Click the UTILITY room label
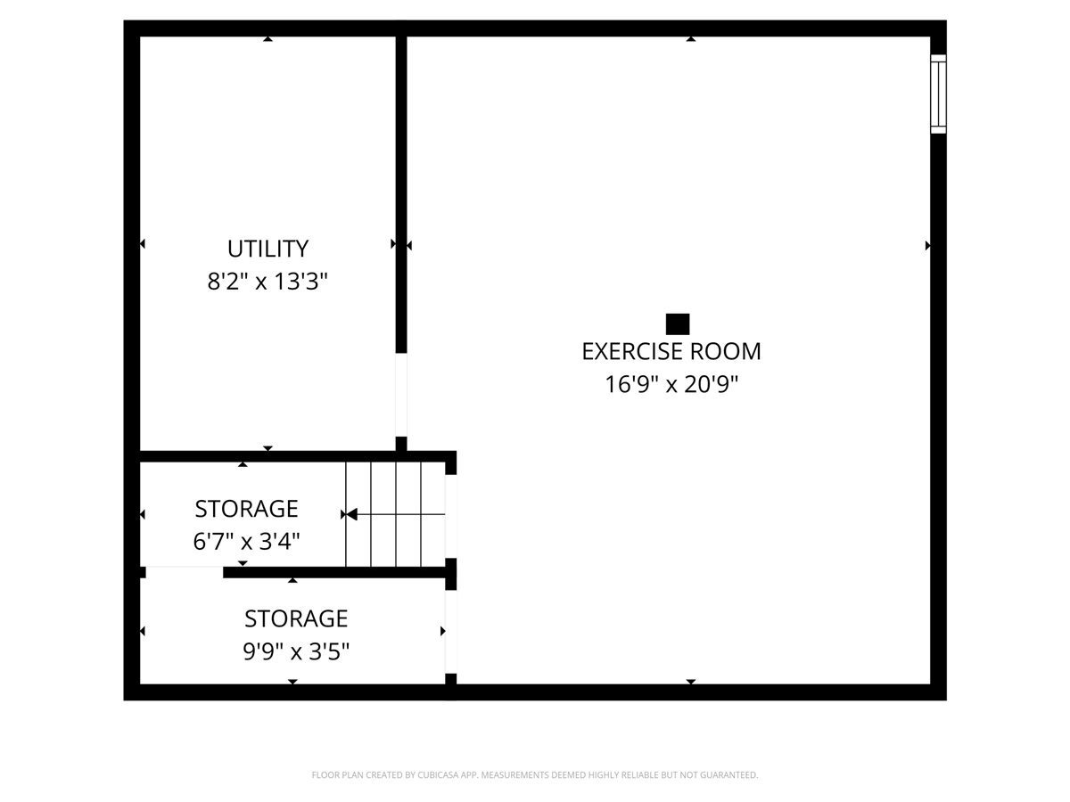click(x=267, y=249)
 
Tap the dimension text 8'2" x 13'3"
click(x=267, y=282)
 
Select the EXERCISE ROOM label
click(x=671, y=351)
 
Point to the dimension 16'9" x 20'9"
click(x=671, y=385)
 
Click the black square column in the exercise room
click(x=678, y=323)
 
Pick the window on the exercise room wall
click(x=938, y=94)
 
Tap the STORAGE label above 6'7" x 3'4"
click(x=246, y=509)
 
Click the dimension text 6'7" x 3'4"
click(x=246, y=541)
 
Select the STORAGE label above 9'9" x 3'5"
click(x=296, y=618)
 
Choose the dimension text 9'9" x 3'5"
click(x=296, y=652)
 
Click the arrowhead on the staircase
click(x=351, y=514)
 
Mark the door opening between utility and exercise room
click(x=401, y=395)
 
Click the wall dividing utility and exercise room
click(x=401, y=196)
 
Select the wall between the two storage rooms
click(x=334, y=572)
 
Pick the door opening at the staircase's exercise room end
click(x=450, y=516)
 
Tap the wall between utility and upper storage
click(x=267, y=456)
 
